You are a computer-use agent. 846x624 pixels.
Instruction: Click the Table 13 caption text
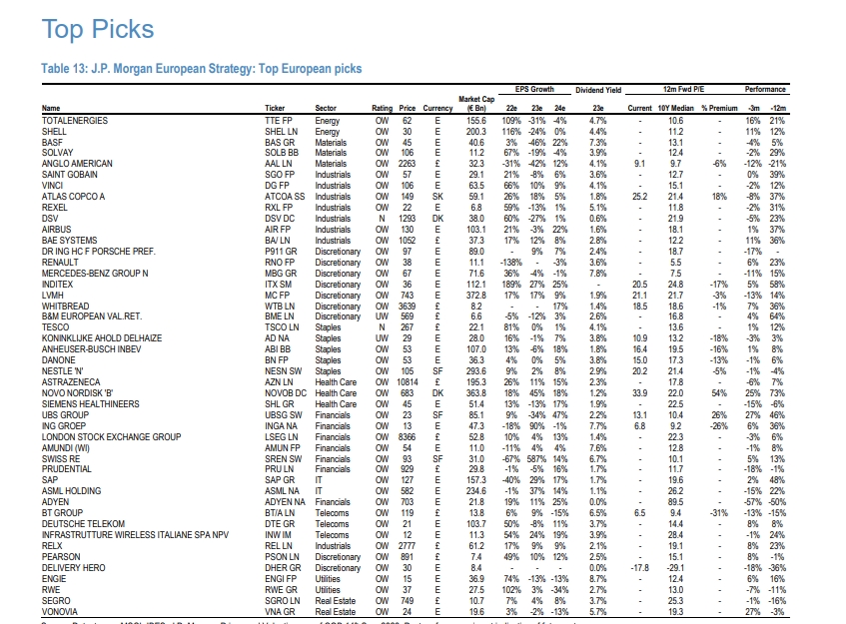pyautogui.click(x=201, y=69)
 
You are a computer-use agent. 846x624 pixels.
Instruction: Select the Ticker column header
pyautogui.click(x=274, y=108)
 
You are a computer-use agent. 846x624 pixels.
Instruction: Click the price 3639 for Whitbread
pyautogui.click(x=405, y=306)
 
